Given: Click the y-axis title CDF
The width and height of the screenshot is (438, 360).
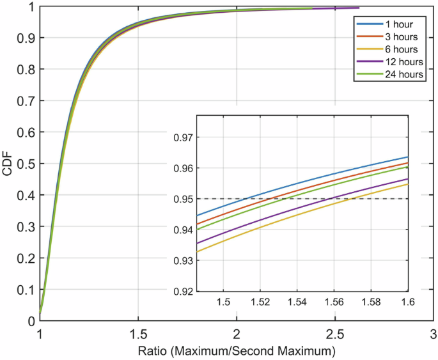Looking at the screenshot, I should coord(7,164).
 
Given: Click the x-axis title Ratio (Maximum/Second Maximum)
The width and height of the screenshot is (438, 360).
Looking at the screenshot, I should coord(237,351).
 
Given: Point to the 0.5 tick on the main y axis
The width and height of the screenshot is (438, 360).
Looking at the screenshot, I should coord(25,164).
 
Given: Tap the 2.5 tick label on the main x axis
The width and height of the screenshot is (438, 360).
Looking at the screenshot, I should coord(334,334).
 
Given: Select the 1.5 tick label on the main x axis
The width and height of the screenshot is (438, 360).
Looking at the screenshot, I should coord(138,334).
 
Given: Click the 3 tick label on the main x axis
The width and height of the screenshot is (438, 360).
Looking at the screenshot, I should coord(433,334).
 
